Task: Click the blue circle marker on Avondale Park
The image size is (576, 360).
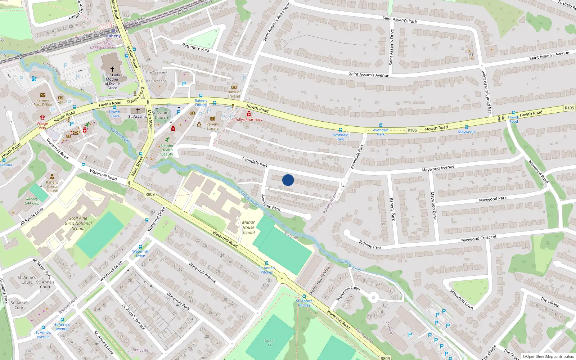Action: tap(288, 180)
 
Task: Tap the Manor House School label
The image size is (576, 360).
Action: tap(248, 228)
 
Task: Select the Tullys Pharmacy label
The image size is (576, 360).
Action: tap(249, 120)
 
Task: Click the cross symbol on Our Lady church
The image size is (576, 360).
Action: tap(112, 69)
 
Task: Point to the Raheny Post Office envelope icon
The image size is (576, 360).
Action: tap(43, 95)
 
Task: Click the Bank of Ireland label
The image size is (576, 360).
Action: tap(234, 94)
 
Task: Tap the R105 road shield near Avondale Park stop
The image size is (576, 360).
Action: tap(412, 130)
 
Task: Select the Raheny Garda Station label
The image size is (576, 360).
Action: tap(52, 186)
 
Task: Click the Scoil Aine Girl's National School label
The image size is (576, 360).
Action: tap(78, 223)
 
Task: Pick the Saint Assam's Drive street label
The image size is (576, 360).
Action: tap(392, 47)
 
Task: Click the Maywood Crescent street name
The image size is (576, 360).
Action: tap(479, 238)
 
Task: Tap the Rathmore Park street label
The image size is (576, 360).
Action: tap(196, 48)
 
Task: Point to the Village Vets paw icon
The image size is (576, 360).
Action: tap(42, 117)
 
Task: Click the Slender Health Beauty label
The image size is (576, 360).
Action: tap(167, 150)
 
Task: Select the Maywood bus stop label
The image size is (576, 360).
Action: tap(466, 132)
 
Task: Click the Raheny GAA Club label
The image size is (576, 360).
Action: tap(32, 201)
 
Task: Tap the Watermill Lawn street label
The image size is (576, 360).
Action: tap(348, 293)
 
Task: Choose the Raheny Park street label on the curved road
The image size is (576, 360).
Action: tap(370, 245)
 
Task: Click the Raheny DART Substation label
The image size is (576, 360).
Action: tap(103, 45)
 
